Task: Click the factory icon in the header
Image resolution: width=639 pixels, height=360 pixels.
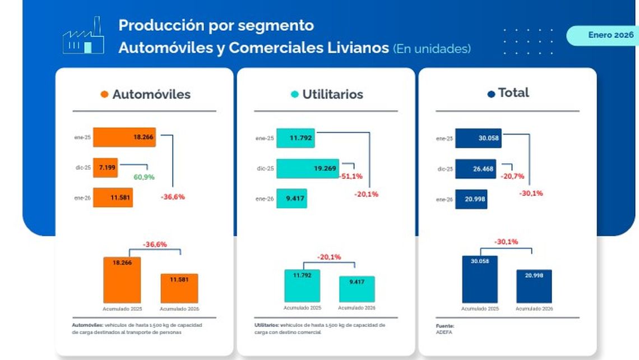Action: point(84,36)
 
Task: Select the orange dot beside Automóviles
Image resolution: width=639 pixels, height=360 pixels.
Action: point(104,94)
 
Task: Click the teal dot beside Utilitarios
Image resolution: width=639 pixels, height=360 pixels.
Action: point(294,94)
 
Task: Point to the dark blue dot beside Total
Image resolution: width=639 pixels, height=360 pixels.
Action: point(491,94)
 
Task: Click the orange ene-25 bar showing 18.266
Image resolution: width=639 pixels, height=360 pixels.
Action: point(124,137)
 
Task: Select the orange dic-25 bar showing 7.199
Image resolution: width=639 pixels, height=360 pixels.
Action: point(105,167)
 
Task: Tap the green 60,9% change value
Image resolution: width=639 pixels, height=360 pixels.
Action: point(144,177)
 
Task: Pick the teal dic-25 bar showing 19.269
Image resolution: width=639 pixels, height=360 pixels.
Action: point(308,168)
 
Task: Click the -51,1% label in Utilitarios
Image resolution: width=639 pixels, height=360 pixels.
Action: point(351,176)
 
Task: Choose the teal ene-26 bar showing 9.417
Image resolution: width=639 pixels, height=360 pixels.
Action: point(291,199)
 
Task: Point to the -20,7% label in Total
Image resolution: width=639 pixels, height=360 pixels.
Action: point(512,176)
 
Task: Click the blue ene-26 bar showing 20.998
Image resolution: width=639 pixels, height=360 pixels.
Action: point(471,199)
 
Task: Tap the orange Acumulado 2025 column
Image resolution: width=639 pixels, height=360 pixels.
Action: point(122,280)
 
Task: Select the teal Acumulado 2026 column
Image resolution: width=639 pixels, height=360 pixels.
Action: point(356,289)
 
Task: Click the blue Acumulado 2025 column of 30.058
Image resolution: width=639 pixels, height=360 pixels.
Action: point(479,279)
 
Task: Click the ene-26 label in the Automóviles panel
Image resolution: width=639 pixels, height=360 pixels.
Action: point(82,197)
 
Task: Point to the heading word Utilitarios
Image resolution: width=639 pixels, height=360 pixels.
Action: point(332,94)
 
